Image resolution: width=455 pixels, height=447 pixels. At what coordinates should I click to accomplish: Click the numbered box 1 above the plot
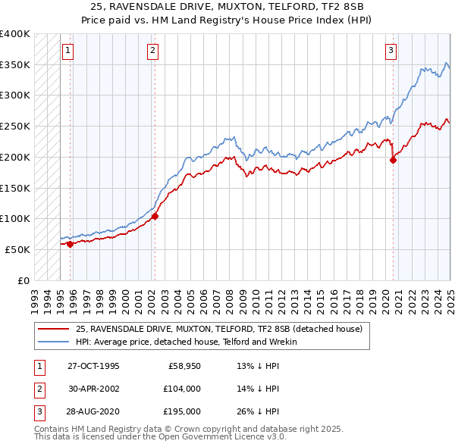[67, 51]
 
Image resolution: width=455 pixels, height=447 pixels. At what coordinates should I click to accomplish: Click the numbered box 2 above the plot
[152, 51]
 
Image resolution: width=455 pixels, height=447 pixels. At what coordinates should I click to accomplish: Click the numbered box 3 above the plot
[391, 51]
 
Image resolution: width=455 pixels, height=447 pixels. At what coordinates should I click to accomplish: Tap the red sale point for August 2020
[394, 159]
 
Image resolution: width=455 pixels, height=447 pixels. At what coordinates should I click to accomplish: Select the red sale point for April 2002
[155, 216]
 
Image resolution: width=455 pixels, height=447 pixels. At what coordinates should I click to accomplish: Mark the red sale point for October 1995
[71, 244]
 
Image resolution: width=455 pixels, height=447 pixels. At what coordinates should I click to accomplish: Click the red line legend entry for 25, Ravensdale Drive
[219, 329]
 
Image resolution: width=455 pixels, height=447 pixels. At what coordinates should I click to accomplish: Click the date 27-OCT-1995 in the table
[93, 366]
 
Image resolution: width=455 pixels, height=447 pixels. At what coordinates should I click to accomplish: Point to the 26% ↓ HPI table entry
[259, 411]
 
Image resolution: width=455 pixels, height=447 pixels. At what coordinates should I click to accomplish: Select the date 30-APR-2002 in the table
[93, 389]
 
